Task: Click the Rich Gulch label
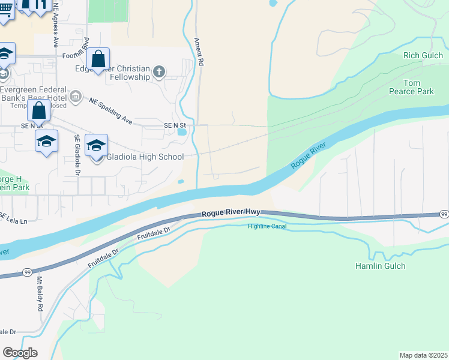[x=423, y=56]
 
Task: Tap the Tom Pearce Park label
[x=419, y=87]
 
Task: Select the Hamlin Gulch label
[x=380, y=266]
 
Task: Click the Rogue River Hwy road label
[x=231, y=214]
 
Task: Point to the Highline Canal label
[x=267, y=226]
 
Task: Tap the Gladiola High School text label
[x=145, y=157]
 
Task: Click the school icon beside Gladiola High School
[x=96, y=146]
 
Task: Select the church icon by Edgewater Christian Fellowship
[x=159, y=73]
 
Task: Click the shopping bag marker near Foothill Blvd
[x=98, y=59]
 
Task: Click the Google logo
[x=20, y=353]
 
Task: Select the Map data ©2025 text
[x=423, y=355]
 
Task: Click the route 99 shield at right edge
[x=444, y=214]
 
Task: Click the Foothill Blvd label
[x=76, y=56]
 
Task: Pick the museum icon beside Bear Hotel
[x=76, y=96]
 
